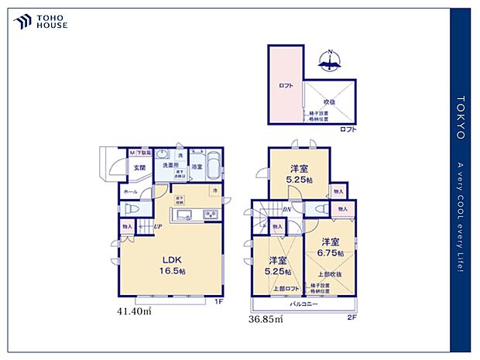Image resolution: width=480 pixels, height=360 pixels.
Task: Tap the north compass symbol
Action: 331,60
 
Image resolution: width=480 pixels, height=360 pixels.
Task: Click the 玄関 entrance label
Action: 139,166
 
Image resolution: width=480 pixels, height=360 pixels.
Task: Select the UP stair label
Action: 157,226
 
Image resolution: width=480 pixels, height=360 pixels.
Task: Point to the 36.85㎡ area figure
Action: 265,317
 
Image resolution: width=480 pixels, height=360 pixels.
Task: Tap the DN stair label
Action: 286,209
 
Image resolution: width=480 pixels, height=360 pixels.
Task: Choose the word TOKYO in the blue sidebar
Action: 460,117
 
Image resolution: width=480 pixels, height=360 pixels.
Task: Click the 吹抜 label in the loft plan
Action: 329,101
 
